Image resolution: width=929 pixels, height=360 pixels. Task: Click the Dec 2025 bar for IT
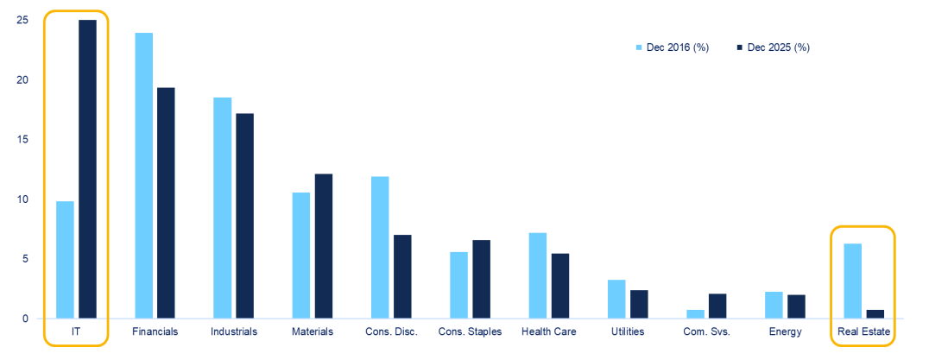pyautogui.click(x=87, y=169)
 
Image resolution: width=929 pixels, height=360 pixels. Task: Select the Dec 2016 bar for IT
pyautogui.click(x=65, y=260)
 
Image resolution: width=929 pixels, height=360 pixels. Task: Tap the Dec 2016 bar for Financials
pyautogui.click(x=143, y=175)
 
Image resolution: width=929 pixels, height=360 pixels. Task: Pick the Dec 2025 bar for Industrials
pyautogui.click(x=244, y=216)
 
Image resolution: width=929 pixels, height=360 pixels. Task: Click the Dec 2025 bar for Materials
pyautogui.click(x=324, y=246)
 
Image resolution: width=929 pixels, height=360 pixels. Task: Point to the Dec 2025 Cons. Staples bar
pyautogui.click(x=481, y=279)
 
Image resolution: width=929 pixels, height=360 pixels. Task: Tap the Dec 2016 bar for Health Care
pyautogui.click(x=537, y=275)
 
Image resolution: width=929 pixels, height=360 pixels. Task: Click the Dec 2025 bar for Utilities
pyautogui.click(x=639, y=304)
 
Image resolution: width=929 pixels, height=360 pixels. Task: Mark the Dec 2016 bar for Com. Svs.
pyautogui.click(x=695, y=314)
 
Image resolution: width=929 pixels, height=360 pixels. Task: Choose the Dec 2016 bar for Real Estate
pyautogui.click(x=853, y=281)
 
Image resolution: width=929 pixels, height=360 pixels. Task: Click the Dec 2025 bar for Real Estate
pyautogui.click(x=875, y=314)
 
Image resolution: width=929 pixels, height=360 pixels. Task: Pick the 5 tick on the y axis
pyautogui.click(x=24, y=259)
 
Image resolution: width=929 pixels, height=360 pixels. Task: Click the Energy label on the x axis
pyautogui.click(x=784, y=332)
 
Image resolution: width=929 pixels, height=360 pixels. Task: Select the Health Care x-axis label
pyautogui.click(x=548, y=332)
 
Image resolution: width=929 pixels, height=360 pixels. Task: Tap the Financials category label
pyautogui.click(x=155, y=332)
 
